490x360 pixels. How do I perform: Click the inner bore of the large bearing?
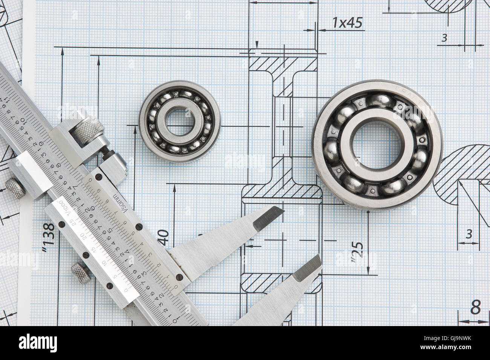(x=377, y=145)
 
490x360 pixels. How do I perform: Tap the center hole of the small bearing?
(x=180, y=121)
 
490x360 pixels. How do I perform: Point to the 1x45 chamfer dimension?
(x=347, y=23)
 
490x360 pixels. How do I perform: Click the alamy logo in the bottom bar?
(x=38, y=343)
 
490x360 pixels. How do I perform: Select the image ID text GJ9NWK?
(x=454, y=339)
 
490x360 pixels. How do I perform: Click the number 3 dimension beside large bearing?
(x=469, y=234)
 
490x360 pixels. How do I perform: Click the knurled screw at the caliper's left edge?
(x=15, y=188)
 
